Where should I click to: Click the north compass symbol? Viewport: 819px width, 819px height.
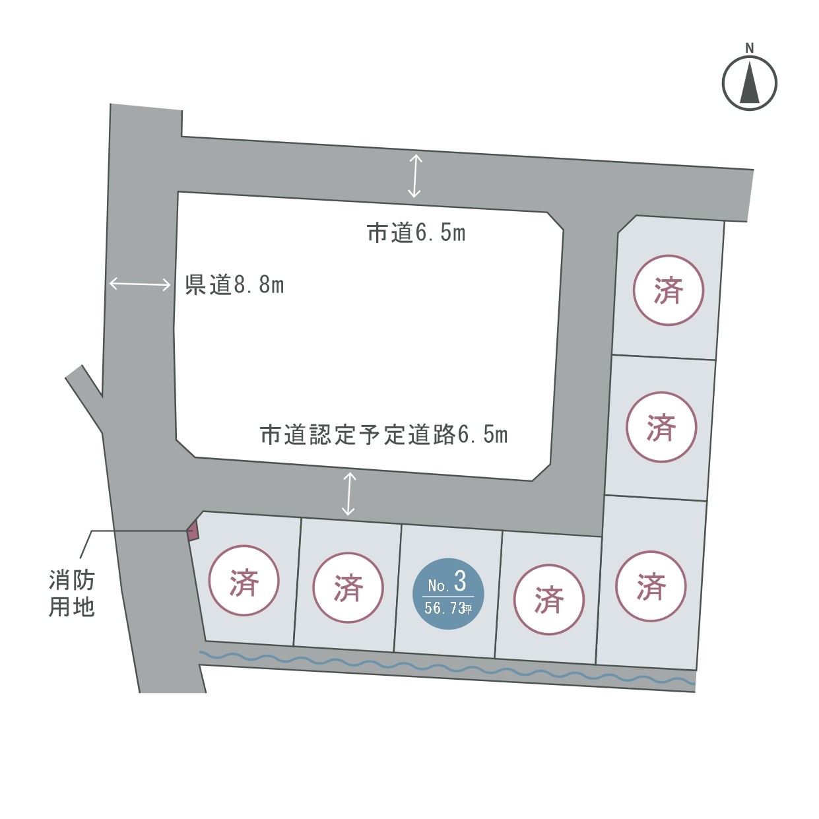(749, 83)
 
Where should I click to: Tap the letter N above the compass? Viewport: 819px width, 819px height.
(749, 48)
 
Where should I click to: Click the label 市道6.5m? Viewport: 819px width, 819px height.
(416, 233)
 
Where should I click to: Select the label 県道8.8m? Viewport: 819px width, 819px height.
(234, 285)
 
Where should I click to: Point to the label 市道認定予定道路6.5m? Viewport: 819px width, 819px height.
(383, 435)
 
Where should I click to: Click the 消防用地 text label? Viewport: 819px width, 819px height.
(72, 593)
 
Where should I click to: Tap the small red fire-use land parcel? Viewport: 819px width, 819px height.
(193, 531)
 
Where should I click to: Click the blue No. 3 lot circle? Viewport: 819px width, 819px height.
(448, 593)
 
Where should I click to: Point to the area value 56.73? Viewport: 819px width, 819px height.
(445, 608)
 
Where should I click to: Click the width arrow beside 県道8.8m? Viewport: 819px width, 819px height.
(140, 284)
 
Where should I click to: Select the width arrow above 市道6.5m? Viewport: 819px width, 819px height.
(414, 176)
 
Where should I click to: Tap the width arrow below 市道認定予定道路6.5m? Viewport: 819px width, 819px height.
(348, 494)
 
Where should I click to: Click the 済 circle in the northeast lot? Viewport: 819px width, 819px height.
(669, 290)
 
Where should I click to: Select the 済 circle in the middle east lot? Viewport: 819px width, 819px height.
(661, 427)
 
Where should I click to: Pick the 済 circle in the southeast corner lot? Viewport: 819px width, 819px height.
(651, 586)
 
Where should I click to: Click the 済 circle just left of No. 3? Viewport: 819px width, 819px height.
(348, 587)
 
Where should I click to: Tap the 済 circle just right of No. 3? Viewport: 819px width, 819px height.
(548, 599)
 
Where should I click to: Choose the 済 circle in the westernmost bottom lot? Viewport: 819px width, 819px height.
(244, 581)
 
